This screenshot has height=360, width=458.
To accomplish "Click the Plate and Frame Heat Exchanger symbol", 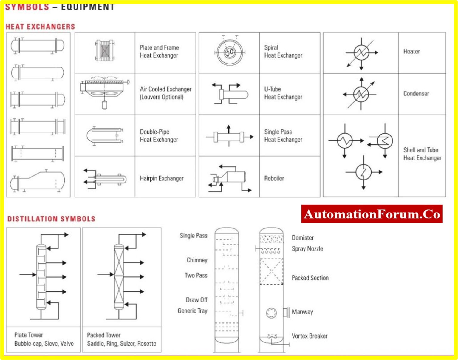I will coord(105,51).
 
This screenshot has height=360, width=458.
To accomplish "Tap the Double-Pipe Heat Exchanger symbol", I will coord(105,136).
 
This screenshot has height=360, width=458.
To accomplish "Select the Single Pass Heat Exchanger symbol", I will coord(229,137).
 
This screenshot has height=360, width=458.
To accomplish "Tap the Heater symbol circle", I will coord(361,52).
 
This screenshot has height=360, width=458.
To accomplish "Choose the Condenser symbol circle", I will coord(361,94).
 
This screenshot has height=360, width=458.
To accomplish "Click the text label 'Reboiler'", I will coord(274,178).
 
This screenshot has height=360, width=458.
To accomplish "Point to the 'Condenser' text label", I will coord(416,94).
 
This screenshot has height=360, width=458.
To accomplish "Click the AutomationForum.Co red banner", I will coord(372,214).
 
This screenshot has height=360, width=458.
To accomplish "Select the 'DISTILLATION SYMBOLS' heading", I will coord(51,219).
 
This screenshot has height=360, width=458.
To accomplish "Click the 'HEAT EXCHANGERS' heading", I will coord(40,27).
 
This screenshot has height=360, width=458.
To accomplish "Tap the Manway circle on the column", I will coord(271,313).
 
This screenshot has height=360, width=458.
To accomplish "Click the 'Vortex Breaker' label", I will coord(310,336).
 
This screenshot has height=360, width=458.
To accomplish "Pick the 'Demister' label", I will coord(303,238).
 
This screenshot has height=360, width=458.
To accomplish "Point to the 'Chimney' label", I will coord(197,260).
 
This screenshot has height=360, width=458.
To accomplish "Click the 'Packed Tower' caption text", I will coord(104,335).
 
